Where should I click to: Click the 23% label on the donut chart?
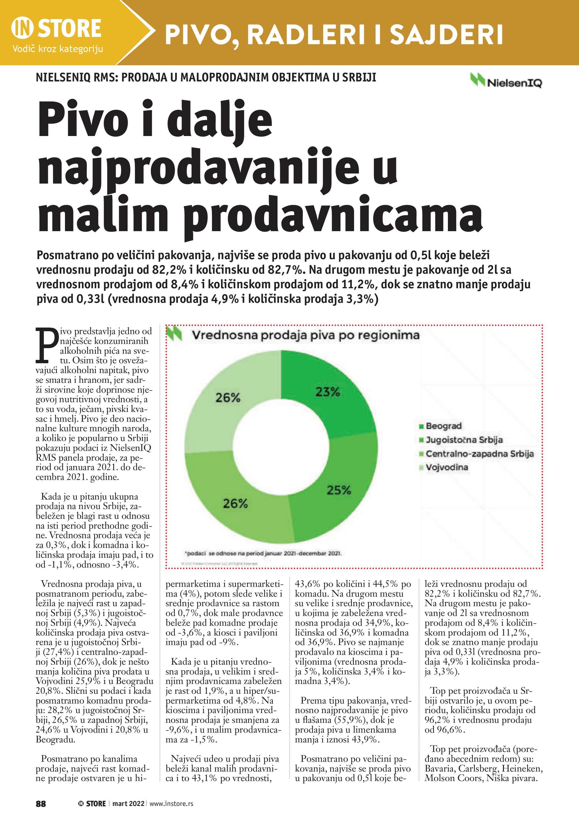pos(327,392)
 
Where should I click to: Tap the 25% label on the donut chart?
pos(339,490)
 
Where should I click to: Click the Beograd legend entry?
pos(443,426)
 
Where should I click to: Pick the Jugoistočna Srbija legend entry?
pos(464,440)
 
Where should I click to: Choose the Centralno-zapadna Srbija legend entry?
pos(479,454)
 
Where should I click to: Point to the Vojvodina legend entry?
pos(447,467)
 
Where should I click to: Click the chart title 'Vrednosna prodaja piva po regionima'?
pos(305,335)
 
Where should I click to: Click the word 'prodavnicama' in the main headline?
pos(332,215)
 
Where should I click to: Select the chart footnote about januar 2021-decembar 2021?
pos(263,554)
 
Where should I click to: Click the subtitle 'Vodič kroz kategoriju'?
pos(58,49)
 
